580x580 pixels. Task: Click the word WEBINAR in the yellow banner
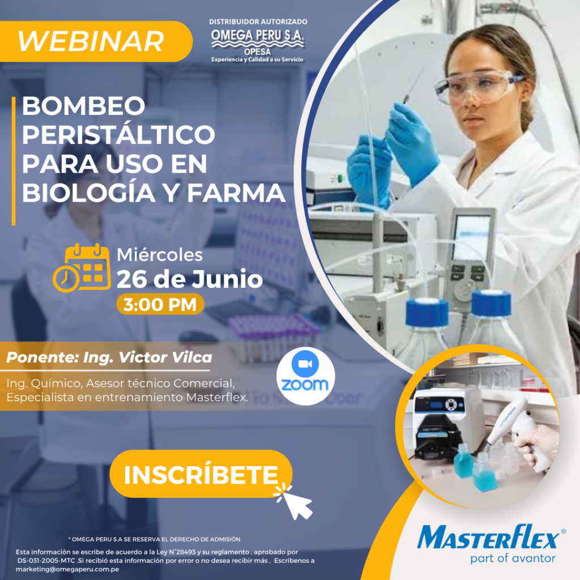point(91,41)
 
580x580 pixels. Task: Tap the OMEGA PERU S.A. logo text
point(258,36)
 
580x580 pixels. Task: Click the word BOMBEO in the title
point(84,106)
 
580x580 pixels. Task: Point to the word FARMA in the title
point(236,193)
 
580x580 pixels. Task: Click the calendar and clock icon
point(82,268)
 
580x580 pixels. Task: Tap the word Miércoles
point(160,255)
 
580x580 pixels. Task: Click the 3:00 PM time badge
point(160,304)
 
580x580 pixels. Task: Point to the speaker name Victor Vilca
point(165,357)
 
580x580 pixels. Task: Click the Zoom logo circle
point(305,376)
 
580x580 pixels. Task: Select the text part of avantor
point(513,558)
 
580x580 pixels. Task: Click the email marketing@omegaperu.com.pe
point(67,569)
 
